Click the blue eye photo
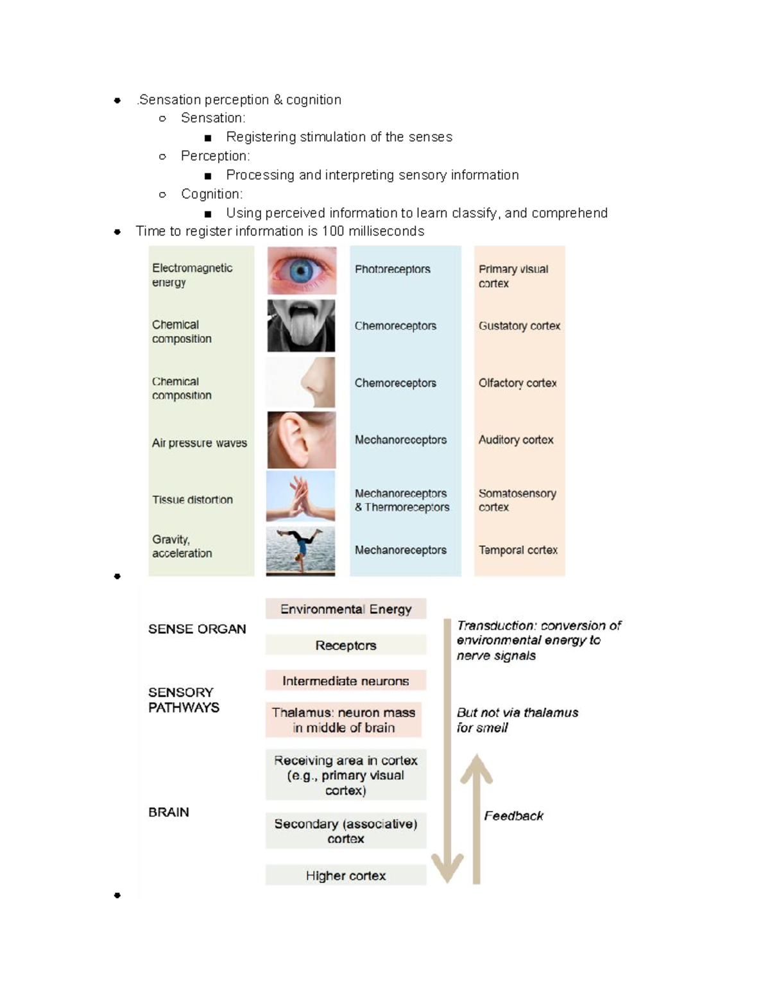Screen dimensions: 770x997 [x=302, y=270]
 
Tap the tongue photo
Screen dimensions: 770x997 [x=301, y=325]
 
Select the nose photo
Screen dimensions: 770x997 [x=300, y=382]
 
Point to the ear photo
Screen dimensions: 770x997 [x=302, y=440]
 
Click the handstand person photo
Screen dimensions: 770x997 [x=300, y=551]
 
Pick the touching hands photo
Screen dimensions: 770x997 [x=300, y=496]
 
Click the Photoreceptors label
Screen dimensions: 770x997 [x=393, y=270]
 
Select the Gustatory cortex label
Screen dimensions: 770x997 [x=519, y=325]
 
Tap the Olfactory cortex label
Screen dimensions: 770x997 [x=517, y=383]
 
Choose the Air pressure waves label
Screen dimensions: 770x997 [x=200, y=443]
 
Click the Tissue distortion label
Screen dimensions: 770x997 [x=192, y=499]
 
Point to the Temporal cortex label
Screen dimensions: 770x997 [x=518, y=550]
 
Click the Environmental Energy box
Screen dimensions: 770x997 [x=346, y=609]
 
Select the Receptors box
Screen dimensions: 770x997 [x=346, y=645]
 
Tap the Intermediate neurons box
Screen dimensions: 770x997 [x=346, y=680]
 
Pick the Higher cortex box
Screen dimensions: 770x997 [x=346, y=875]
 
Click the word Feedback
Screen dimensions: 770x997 [x=513, y=815]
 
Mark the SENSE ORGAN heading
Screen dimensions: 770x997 [x=197, y=629]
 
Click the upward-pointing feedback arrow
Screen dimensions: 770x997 [x=477, y=819]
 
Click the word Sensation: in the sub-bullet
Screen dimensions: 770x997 [x=213, y=118]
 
